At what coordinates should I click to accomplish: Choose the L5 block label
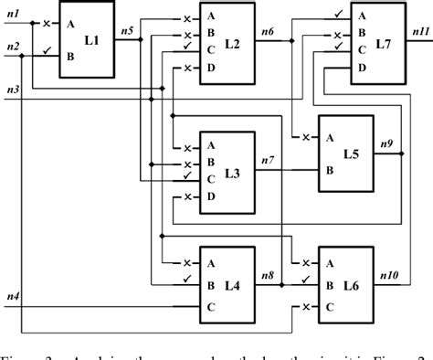(x=351, y=154)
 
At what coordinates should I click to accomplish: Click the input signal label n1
(x=13, y=15)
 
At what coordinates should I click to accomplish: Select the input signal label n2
(x=13, y=46)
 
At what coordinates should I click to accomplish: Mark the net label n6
(x=267, y=32)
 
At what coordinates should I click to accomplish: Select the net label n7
(x=267, y=162)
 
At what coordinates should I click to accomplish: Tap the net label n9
(x=386, y=143)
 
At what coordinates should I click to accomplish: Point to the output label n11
(x=418, y=32)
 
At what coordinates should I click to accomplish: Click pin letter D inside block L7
(x=360, y=68)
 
